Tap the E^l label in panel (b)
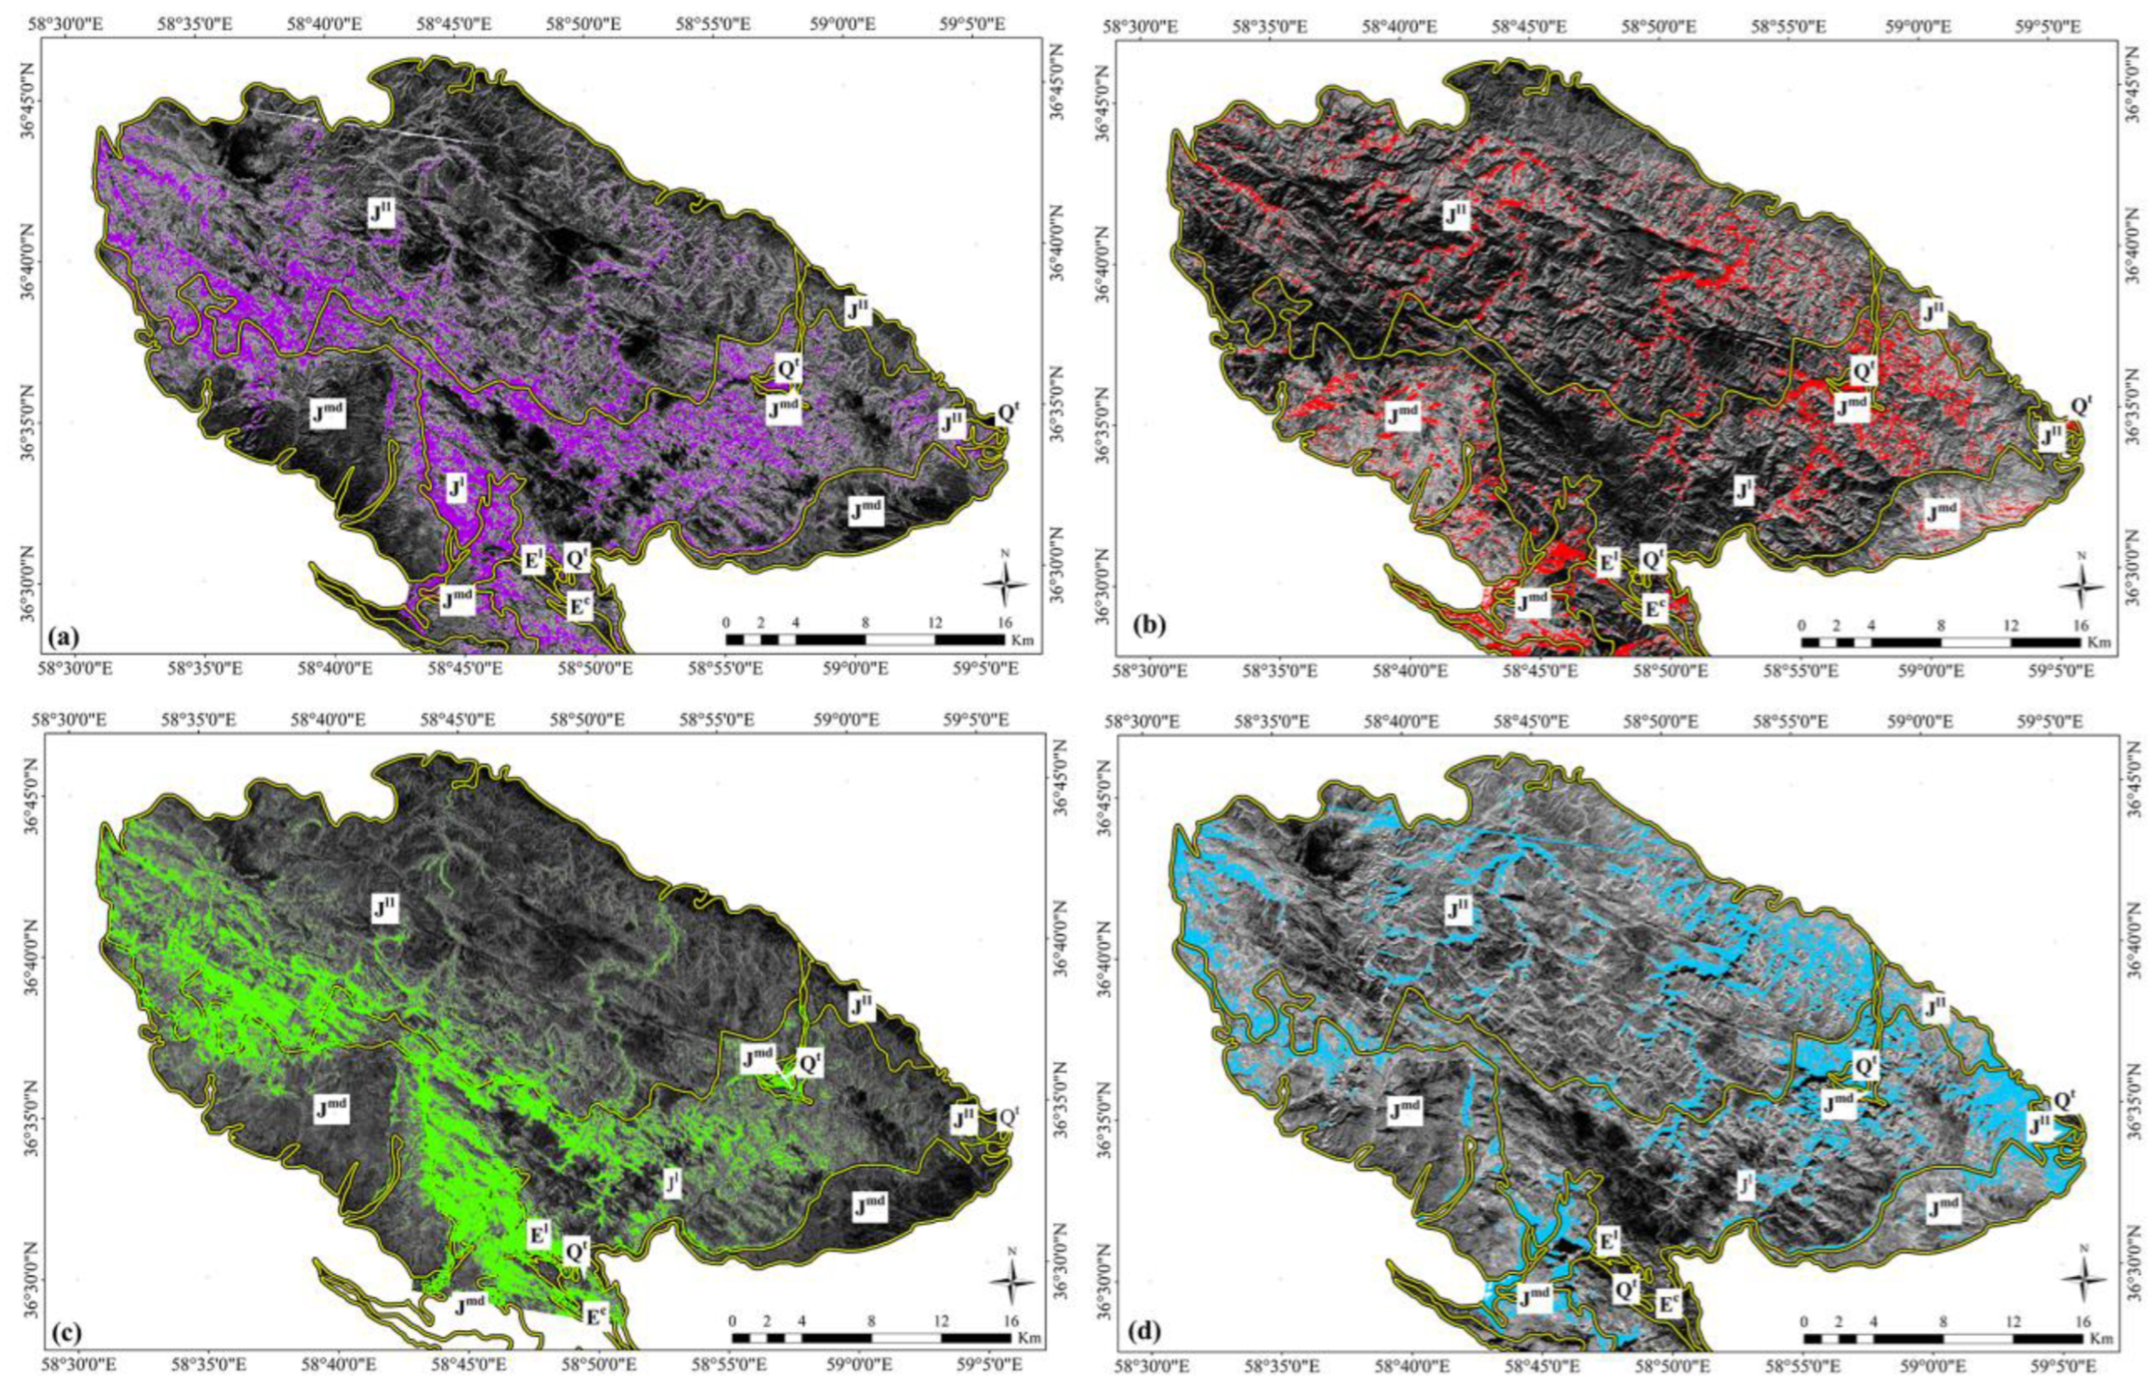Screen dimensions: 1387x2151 [1606, 563]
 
